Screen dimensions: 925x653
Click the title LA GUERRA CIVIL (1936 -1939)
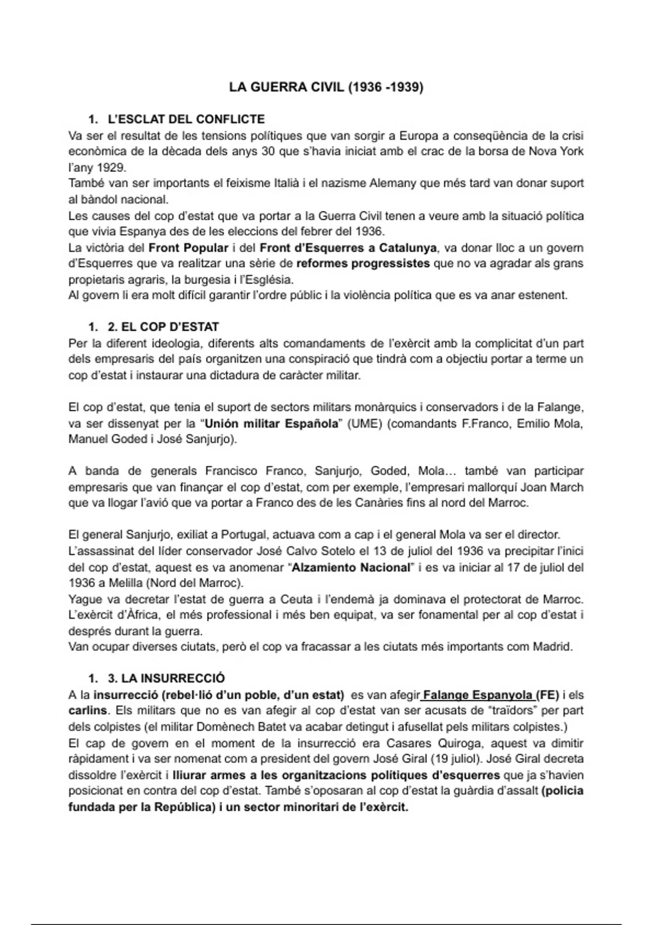coord(325,87)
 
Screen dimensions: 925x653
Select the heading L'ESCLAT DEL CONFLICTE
coord(186,119)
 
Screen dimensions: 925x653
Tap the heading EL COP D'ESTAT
coord(163,327)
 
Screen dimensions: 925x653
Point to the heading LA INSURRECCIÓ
coord(166,679)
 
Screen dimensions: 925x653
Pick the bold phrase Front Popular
coord(188,248)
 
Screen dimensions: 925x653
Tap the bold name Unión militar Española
coord(271,423)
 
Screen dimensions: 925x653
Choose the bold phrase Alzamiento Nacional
coord(351,568)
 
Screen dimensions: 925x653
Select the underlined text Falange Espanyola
coord(477,695)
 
